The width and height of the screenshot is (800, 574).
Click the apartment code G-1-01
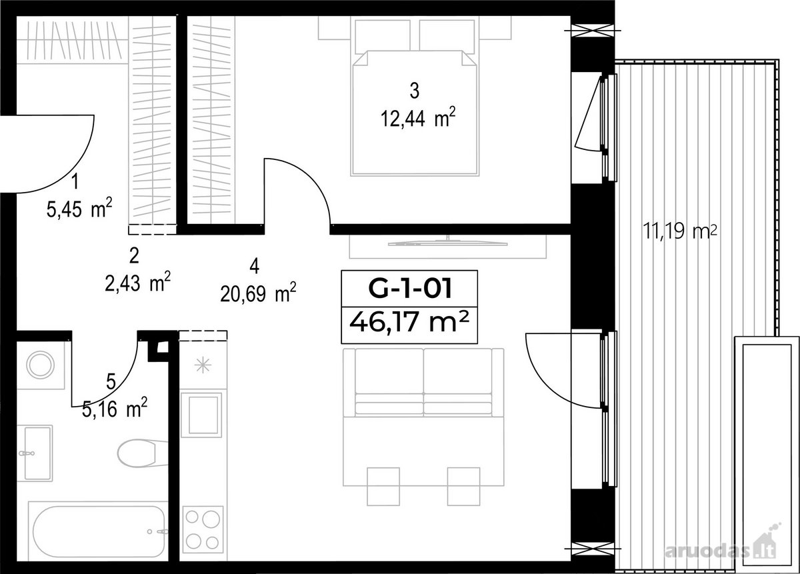[x=410, y=289]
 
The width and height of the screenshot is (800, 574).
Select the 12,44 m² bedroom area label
[x=418, y=118]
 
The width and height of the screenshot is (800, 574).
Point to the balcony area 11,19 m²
[x=679, y=231]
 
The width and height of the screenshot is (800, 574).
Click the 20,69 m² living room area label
[x=258, y=293]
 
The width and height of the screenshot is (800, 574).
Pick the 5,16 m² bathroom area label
[x=115, y=408]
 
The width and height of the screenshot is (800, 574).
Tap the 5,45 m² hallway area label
[x=79, y=208]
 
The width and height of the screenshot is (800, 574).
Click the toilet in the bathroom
[x=142, y=453]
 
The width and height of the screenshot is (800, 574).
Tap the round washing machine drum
[x=41, y=365]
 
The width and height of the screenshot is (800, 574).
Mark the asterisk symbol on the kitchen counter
[x=203, y=365]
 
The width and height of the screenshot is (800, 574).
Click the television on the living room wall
[x=448, y=243]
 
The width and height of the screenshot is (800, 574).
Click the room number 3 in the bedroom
[x=414, y=91]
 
